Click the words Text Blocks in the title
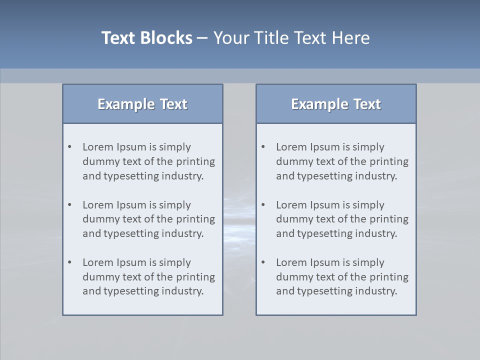pos(147,38)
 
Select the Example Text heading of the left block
pos(142,104)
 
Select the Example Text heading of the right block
pos(336,104)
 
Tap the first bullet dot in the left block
pos(69,147)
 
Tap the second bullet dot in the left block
pos(69,205)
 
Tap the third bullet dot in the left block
pos(69,262)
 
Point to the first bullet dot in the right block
pos(263,147)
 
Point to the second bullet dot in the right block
pos(263,205)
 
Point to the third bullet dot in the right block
pos(263,262)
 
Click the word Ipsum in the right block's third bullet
pos(325,262)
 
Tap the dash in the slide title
pos(202,38)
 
